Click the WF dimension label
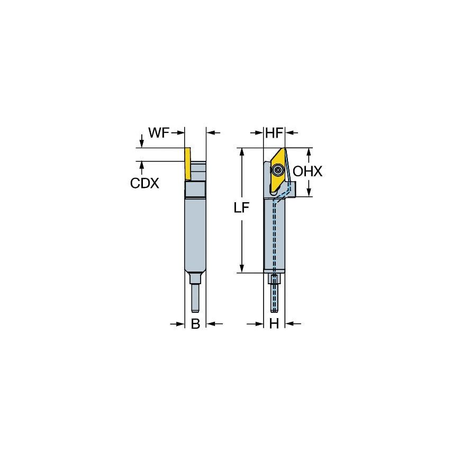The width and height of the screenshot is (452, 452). coord(158,133)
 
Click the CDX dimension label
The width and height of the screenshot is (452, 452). coord(144,183)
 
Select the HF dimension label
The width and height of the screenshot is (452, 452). coord(274,133)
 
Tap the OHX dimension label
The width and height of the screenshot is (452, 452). coord(308,171)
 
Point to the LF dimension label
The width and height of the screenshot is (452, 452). coord(242,208)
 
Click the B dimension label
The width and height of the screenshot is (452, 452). coord(195,324)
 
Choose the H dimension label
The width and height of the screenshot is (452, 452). coord(274,324)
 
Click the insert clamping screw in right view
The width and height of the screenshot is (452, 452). coord(278,170)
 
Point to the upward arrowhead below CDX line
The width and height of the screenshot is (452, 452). coord(142,166)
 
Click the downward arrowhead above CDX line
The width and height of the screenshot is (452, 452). coord(142,143)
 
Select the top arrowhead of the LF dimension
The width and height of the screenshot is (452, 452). coord(242,152)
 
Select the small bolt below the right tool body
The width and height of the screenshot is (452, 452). coord(274,280)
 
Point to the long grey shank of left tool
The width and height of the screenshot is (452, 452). coord(195,233)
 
